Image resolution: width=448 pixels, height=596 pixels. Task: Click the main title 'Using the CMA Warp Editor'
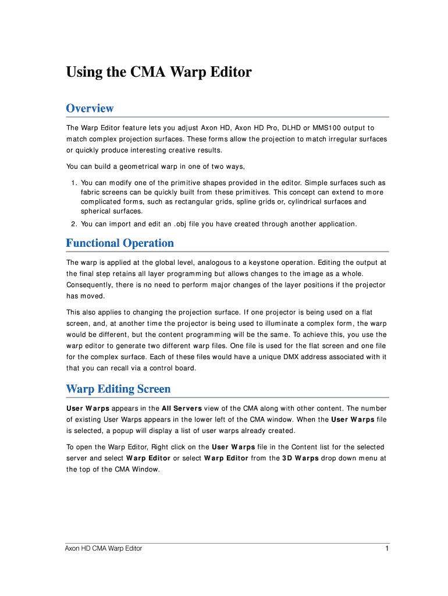click(x=159, y=73)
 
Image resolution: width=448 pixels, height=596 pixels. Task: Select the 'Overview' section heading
click(x=90, y=108)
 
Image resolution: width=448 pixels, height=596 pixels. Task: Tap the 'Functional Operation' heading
click(x=120, y=243)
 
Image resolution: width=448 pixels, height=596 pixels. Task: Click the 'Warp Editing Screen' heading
click(x=118, y=389)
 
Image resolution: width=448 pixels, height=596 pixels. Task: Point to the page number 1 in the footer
click(x=386, y=548)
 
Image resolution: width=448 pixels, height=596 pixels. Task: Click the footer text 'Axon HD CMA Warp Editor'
click(x=104, y=548)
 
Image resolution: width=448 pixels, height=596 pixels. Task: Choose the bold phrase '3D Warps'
click(x=301, y=458)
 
